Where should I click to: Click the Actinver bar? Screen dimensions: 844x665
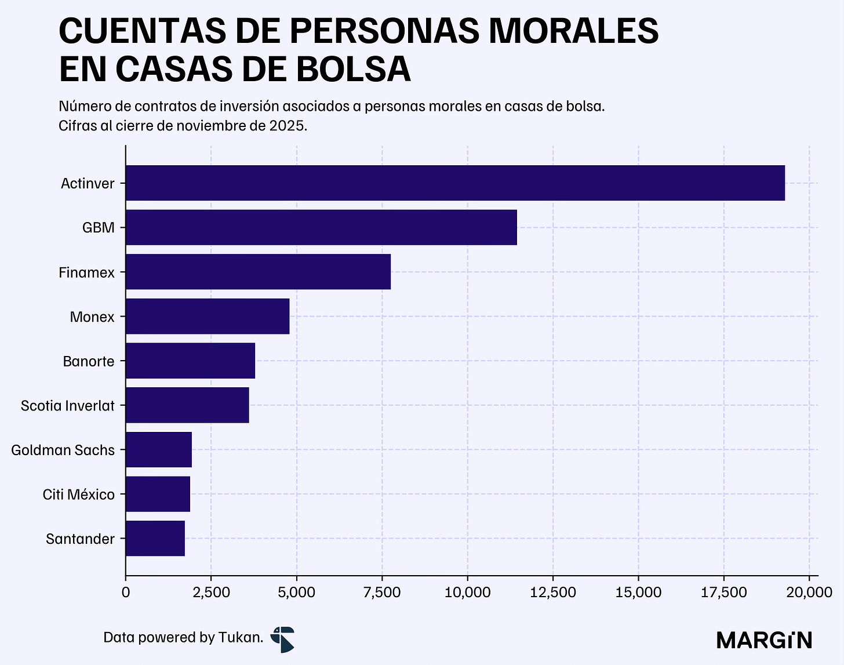coord(456,183)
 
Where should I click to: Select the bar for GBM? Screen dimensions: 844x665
coord(321,227)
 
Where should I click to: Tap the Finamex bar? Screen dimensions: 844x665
coord(258,271)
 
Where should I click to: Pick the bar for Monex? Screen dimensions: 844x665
coord(208,316)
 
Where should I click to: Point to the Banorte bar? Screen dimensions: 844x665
coord(190,361)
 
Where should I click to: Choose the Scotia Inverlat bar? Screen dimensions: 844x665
coord(187,405)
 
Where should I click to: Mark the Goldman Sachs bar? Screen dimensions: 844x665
coord(158,449)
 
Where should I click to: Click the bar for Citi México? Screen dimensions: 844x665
coord(158,493)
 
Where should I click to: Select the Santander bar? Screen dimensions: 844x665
coord(155,538)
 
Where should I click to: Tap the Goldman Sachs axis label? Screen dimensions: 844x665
coord(63,450)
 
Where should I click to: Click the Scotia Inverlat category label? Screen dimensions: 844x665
coord(67,406)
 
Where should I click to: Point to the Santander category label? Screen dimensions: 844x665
coord(80,539)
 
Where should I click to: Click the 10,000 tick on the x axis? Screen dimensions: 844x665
coord(467,592)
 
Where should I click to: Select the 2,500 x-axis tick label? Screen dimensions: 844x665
coord(211,592)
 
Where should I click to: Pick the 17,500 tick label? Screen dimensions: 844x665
coord(723,592)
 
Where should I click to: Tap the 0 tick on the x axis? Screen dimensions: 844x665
coord(126,592)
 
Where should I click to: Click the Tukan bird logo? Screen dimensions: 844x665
coord(282,639)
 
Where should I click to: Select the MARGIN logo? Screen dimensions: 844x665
coord(764,640)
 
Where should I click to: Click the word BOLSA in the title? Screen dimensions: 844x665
coord(354,69)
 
